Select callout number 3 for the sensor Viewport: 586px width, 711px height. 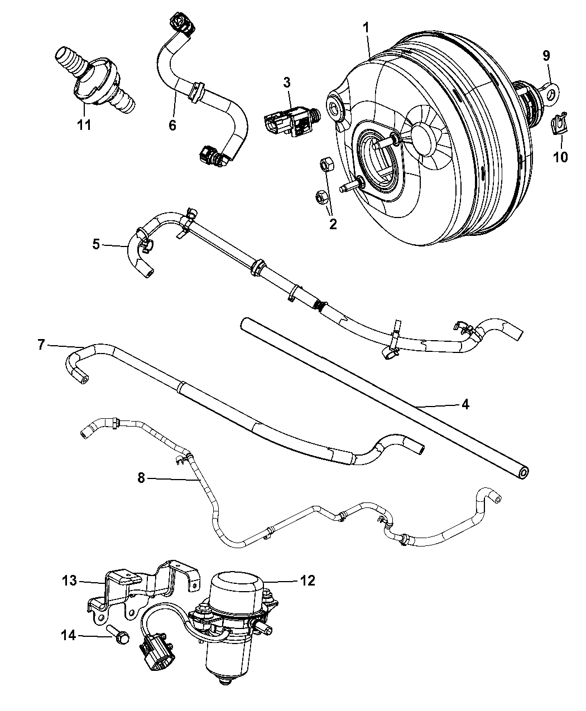286,83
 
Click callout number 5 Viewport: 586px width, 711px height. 97,244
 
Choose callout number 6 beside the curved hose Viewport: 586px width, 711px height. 172,125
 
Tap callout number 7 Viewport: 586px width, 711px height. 41,345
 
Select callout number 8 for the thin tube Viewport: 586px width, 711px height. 142,478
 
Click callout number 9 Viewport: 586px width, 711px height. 546,55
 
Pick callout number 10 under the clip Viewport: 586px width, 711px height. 560,157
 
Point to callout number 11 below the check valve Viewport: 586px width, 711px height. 84,125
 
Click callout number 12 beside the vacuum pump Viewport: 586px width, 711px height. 308,581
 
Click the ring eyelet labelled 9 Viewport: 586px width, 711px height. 552,91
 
